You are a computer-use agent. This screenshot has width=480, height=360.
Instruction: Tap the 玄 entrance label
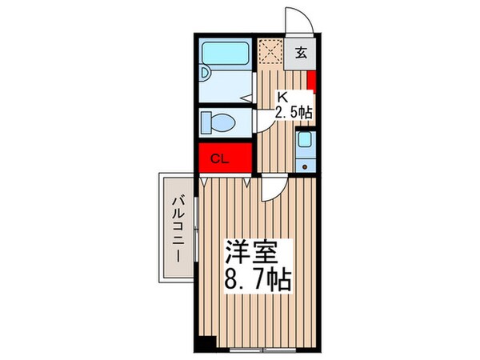tap(302, 54)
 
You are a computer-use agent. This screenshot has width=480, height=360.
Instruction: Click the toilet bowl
tap(218, 123)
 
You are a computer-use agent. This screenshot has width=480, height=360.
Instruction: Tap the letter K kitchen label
tap(281, 96)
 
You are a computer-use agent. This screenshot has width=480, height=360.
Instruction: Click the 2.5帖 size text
tap(293, 112)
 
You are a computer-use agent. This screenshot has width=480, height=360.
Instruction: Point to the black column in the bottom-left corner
tap(206, 320)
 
